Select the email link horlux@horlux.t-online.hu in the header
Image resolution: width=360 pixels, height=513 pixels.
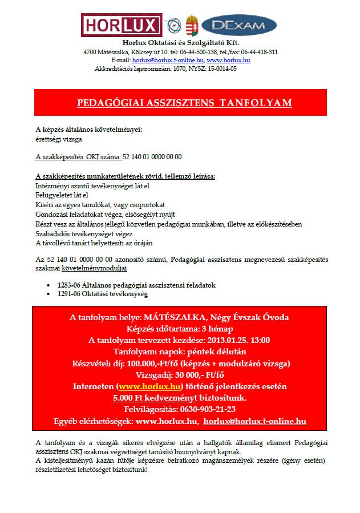(168, 60)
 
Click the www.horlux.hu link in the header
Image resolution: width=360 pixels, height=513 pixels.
(229, 60)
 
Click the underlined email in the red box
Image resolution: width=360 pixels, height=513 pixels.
(254, 421)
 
